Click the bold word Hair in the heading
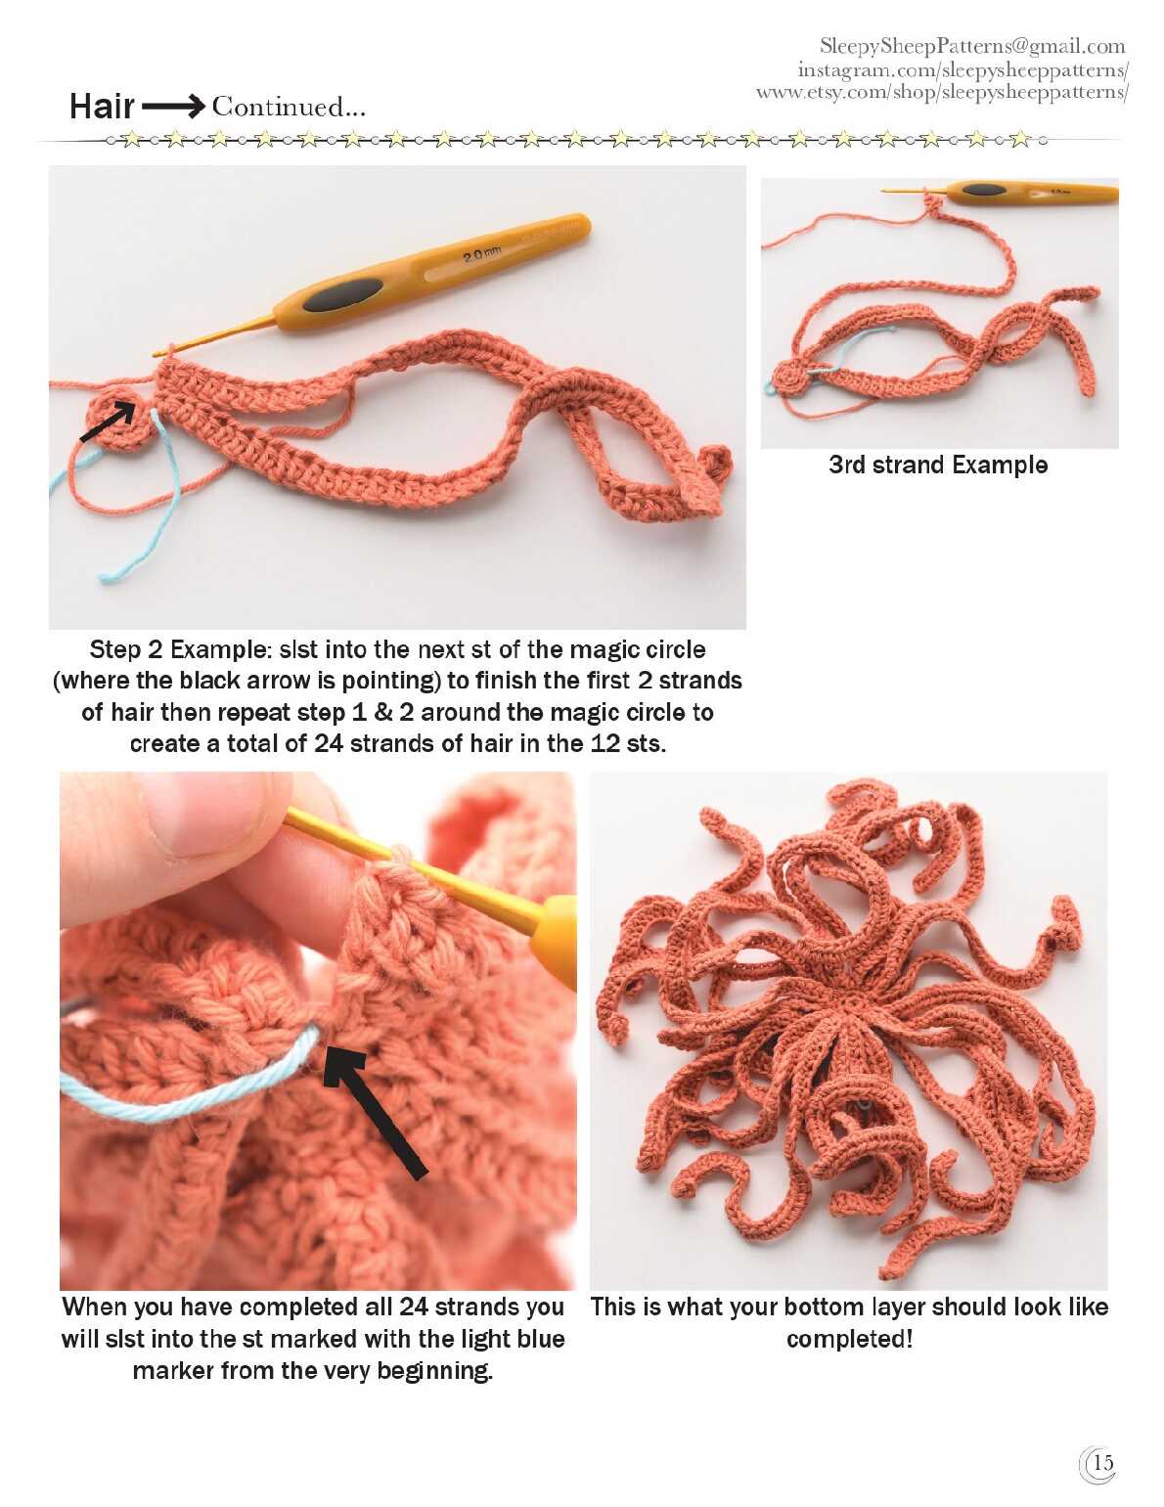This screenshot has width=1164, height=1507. pyautogui.click(x=102, y=107)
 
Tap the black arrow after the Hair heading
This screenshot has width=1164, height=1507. pyautogui.click(x=173, y=107)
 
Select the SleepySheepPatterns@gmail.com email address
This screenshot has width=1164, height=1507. pyautogui.click(x=972, y=47)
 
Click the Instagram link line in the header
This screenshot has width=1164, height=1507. pyautogui.click(x=963, y=70)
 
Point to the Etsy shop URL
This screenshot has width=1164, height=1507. pyautogui.click(x=942, y=92)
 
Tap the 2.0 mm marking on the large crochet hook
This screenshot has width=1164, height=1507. pyautogui.click(x=481, y=255)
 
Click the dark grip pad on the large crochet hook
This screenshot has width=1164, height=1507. pyautogui.click(x=342, y=294)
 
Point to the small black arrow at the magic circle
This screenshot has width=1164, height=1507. pyautogui.click(x=108, y=421)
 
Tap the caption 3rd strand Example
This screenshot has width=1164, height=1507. pyautogui.click(x=938, y=465)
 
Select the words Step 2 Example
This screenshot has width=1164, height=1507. pyautogui.click(x=178, y=649)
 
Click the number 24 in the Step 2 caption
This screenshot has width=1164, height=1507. pyautogui.click(x=329, y=743)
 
